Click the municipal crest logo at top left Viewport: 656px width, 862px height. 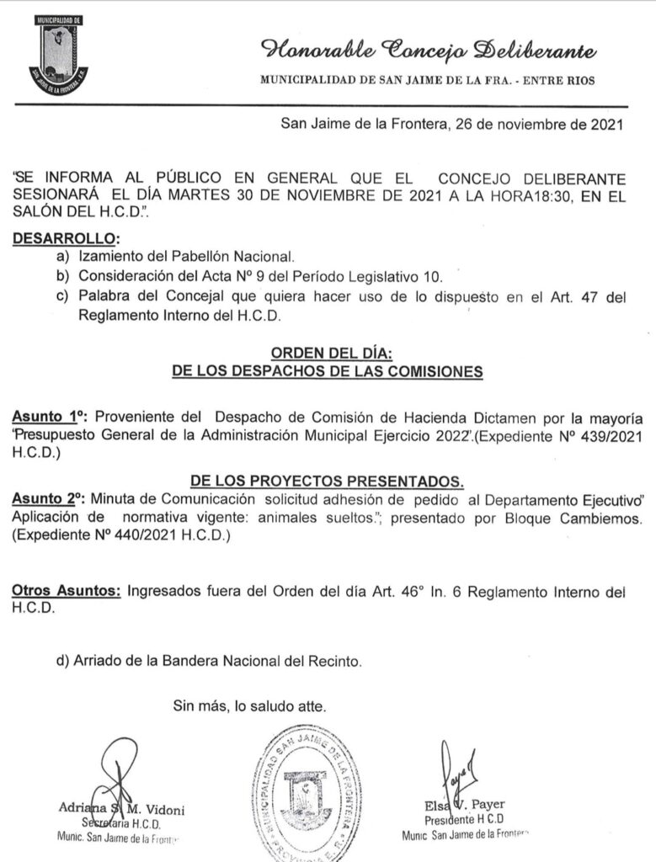click(x=58, y=55)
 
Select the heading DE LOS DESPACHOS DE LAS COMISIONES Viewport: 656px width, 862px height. click(x=328, y=370)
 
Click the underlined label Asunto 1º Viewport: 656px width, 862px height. click(x=50, y=417)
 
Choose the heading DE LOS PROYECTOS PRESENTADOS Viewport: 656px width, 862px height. click(x=327, y=481)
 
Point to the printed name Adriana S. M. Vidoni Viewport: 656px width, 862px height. click(x=121, y=810)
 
